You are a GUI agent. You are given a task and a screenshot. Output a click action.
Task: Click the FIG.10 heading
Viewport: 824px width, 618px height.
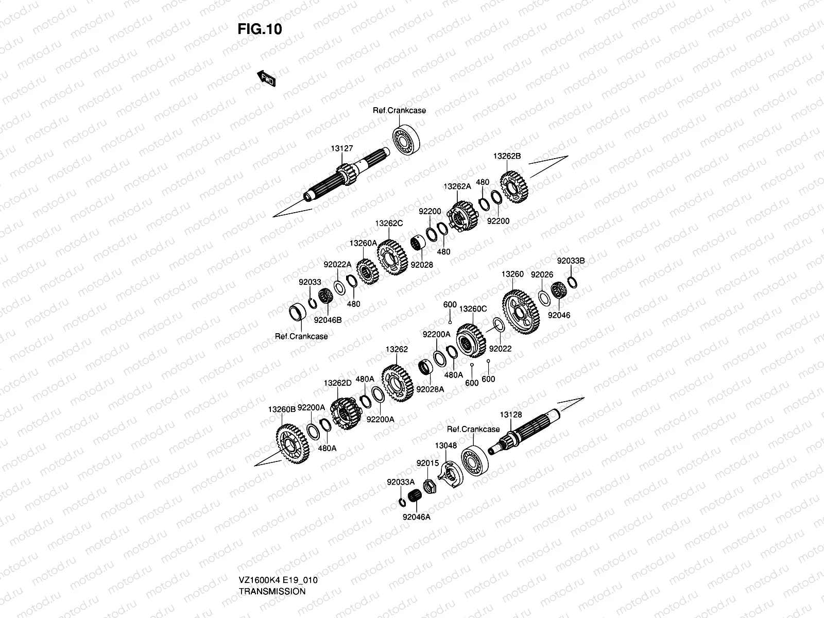coord(260,29)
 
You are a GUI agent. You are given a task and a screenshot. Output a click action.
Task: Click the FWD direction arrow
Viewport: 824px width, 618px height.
coord(267,79)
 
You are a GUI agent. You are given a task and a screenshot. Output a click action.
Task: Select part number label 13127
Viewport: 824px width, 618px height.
coord(342,148)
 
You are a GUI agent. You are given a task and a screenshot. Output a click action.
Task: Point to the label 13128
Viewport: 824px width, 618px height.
coord(511,415)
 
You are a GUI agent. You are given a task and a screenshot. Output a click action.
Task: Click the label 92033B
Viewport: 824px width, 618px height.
coord(571,261)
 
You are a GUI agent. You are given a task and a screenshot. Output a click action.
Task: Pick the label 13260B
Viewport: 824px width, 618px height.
coord(282,409)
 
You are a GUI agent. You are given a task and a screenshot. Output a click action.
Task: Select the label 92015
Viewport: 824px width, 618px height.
coord(427,463)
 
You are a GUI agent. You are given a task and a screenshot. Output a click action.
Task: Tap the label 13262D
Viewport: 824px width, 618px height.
coord(337,383)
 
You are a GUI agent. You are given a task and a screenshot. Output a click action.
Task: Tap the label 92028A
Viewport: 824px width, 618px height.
coord(430,389)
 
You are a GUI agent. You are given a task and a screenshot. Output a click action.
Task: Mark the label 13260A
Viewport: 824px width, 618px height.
coord(363,243)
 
